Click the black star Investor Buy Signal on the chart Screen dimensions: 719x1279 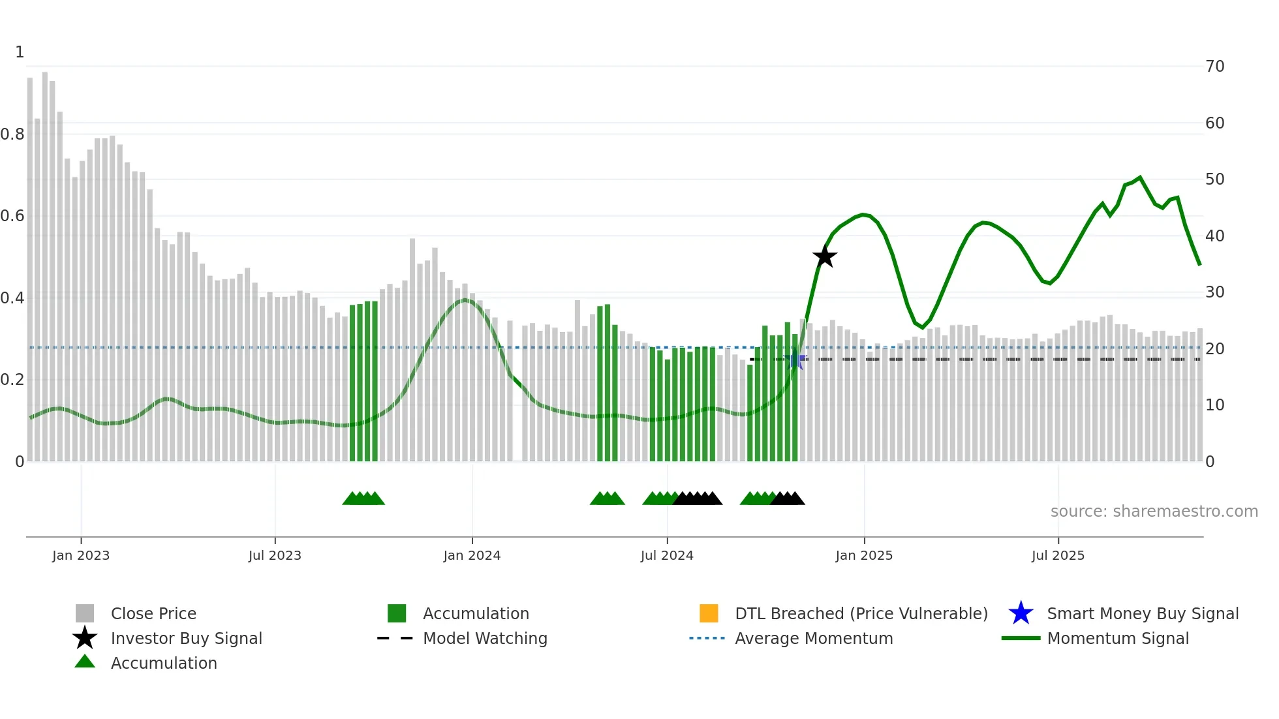[x=825, y=256]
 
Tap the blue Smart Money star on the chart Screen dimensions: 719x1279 [x=795, y=359]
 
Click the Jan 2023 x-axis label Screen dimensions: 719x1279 [x=81, y=555]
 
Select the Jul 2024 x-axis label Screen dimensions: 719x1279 [x=667, y=555]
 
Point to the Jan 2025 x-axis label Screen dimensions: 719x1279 [x=864, y=555]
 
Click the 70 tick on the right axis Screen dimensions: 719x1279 [x=1214, y=67]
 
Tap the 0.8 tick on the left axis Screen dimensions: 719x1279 [x=12, y=134]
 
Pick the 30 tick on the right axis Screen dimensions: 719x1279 [x=1214, y=292]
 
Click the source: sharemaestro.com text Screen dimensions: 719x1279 [x=1154, y=512]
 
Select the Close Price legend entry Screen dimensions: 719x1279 [x=153, y=613]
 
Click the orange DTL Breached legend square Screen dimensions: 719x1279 [x=709, y=613]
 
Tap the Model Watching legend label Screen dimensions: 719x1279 [x=485, y=638]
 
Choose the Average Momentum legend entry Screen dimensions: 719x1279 [x=814, y=638]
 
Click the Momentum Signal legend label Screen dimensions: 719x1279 [x=1118, y=638]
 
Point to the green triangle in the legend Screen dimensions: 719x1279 [x=85, y=662]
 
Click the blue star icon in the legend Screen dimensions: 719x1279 [x=1021, y=613]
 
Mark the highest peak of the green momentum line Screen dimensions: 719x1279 [x=1140, y=177]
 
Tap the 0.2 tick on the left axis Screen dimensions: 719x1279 [x=12, y=380]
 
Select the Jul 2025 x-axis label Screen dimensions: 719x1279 [x=1058, y=555]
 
